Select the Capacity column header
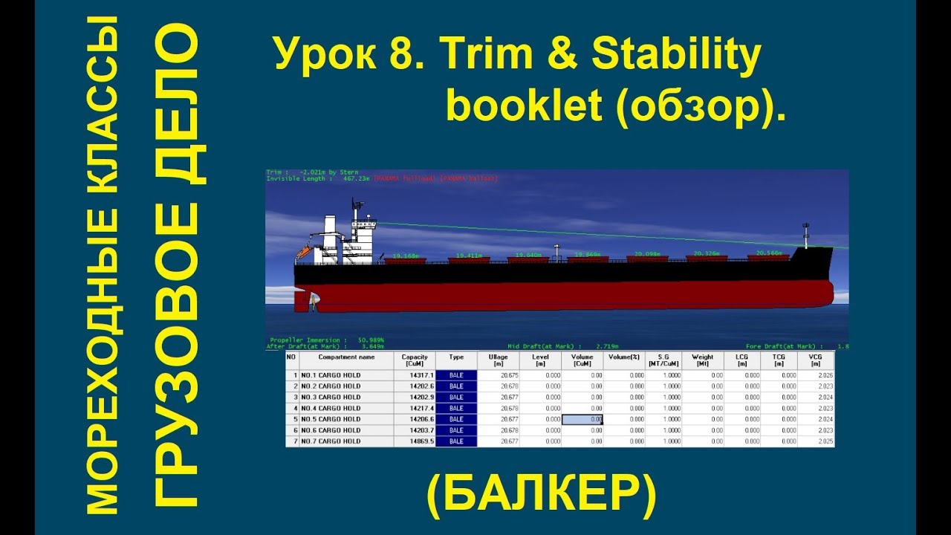(x=414, y=360)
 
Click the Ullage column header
(x=498, y=360)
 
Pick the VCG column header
(x=814, y=360)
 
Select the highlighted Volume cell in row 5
(x=582, y=419)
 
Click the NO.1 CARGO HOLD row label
(x=331, y=375)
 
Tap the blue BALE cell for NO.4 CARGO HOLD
(x=456, y=408)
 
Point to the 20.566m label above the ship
(x=769, y=253)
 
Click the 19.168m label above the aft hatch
(x=404, y=256)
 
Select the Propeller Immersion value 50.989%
(x=371, y=340)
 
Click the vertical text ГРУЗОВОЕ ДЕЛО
(x=177, y=267)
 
